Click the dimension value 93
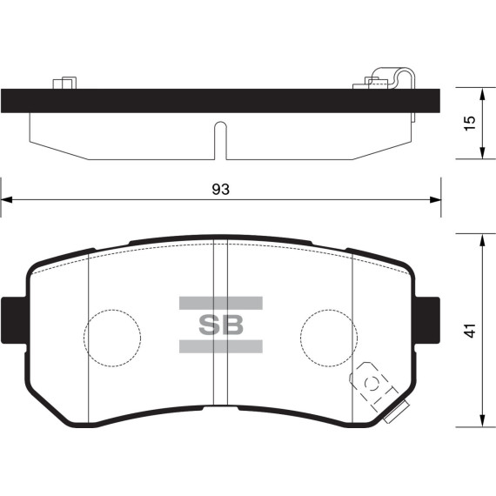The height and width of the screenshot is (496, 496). [220, 189]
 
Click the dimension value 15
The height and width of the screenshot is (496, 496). [471, 123]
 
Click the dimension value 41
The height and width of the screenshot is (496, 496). [471, 331]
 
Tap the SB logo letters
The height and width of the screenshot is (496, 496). [221, 325]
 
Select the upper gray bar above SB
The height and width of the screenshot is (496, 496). [221, 303]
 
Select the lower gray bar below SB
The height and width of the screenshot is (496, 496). [221, 346]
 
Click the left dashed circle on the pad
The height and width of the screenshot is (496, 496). [84, 338]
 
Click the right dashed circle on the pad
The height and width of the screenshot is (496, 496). [301, 338]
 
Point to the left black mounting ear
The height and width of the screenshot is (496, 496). [13, 320]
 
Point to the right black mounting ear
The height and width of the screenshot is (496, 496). [427, 320]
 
